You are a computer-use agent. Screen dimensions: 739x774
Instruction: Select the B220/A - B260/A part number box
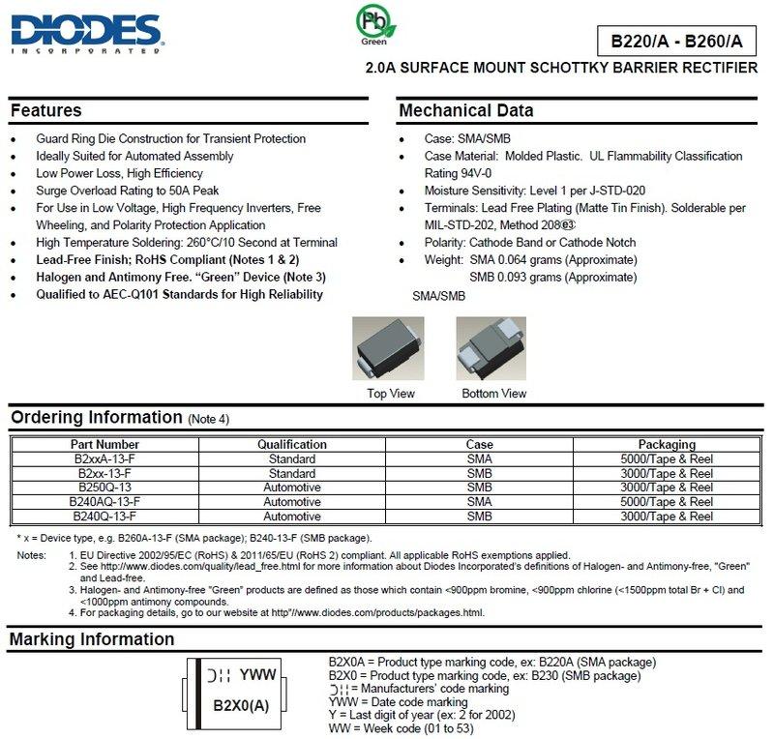point(676,41)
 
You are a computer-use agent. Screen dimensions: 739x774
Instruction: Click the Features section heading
point(45,110)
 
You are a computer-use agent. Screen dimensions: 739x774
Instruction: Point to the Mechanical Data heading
point(466,110)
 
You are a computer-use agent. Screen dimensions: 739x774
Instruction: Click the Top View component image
point(390,353)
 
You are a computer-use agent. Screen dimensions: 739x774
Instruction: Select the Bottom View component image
point(493,353)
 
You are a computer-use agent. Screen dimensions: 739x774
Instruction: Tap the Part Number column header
point(105,444)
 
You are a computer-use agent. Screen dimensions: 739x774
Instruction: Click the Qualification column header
point(292,444)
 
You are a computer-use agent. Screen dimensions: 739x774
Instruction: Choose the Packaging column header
point(667,444)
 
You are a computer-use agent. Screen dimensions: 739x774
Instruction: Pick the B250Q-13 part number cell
point(105,488)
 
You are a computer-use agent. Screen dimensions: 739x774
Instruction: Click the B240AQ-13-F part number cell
point(105,502)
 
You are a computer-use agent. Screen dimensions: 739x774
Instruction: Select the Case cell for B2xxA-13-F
point(479,458)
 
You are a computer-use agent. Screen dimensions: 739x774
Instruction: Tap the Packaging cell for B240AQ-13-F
point(667,502)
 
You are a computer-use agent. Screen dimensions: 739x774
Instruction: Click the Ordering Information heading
point(95,418)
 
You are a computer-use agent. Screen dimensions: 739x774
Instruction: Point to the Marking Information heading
point(92,639)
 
